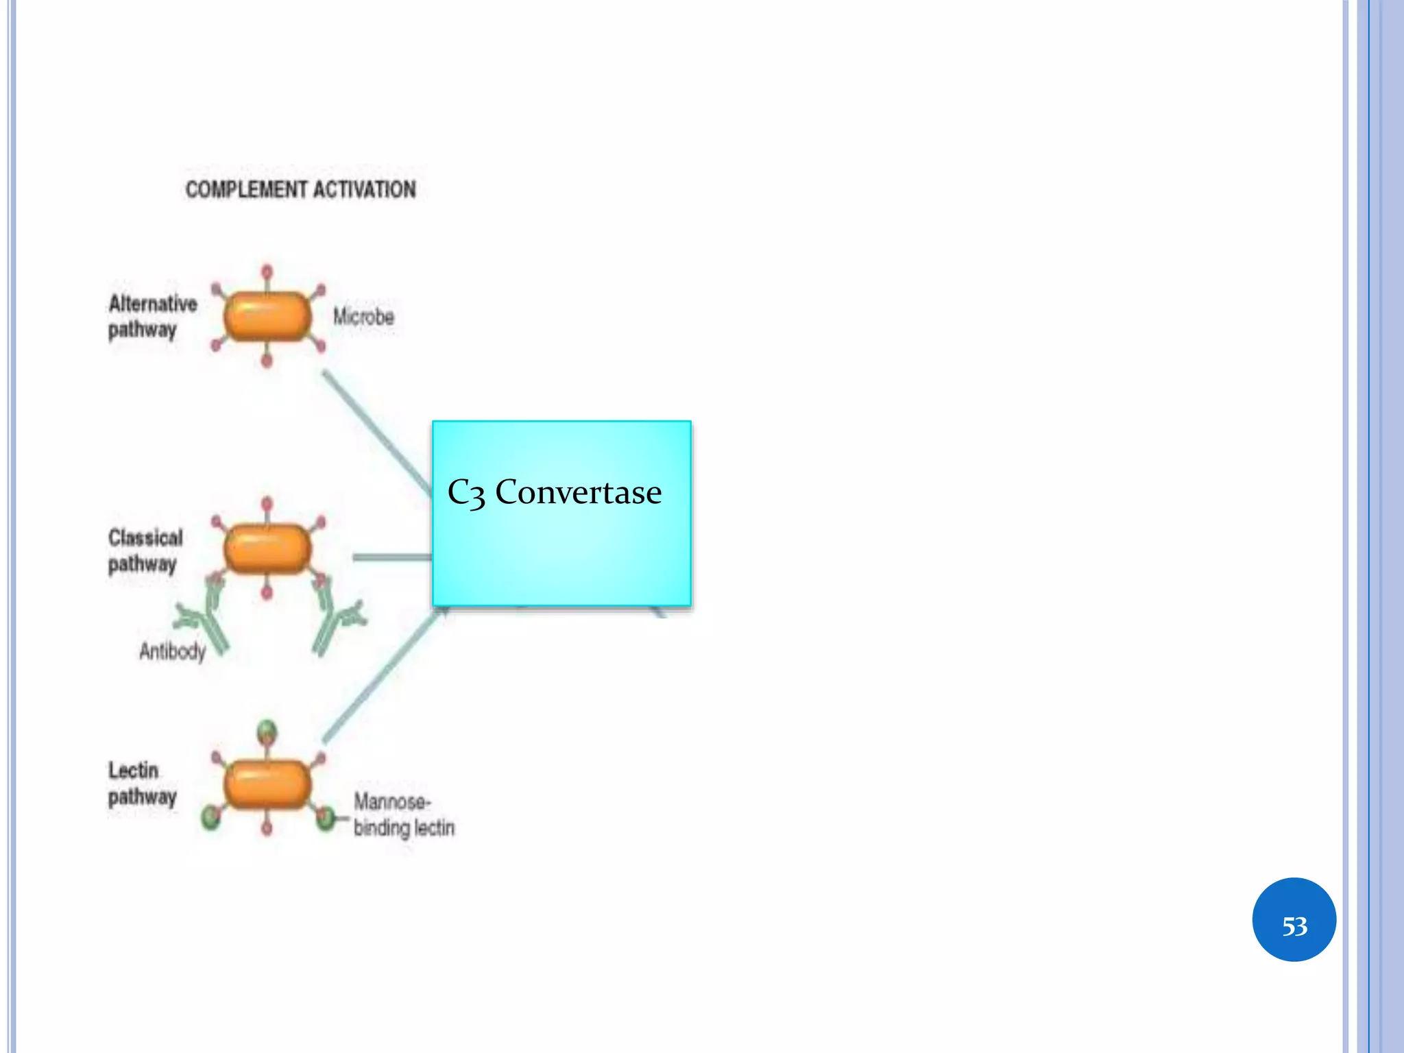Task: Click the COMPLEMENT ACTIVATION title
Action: coord(300,189)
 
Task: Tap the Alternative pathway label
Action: coord(152,317)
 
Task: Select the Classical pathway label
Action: coord(145,550)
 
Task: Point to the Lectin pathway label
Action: coord(142,784)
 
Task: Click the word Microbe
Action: coord(363,317)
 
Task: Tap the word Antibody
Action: coord(172,651)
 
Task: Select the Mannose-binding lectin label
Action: coord(403,814)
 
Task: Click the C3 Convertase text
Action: coord(554,492)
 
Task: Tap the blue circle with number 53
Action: coord(1294,919)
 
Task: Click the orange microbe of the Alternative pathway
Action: coord(267,316)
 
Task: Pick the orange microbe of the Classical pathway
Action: coord(267,548)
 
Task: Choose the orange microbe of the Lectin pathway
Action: coord(267,784)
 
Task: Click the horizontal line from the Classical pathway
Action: coord(391,557)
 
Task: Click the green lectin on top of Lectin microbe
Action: coord(267,731)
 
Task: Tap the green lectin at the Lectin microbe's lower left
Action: coord(211,817)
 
